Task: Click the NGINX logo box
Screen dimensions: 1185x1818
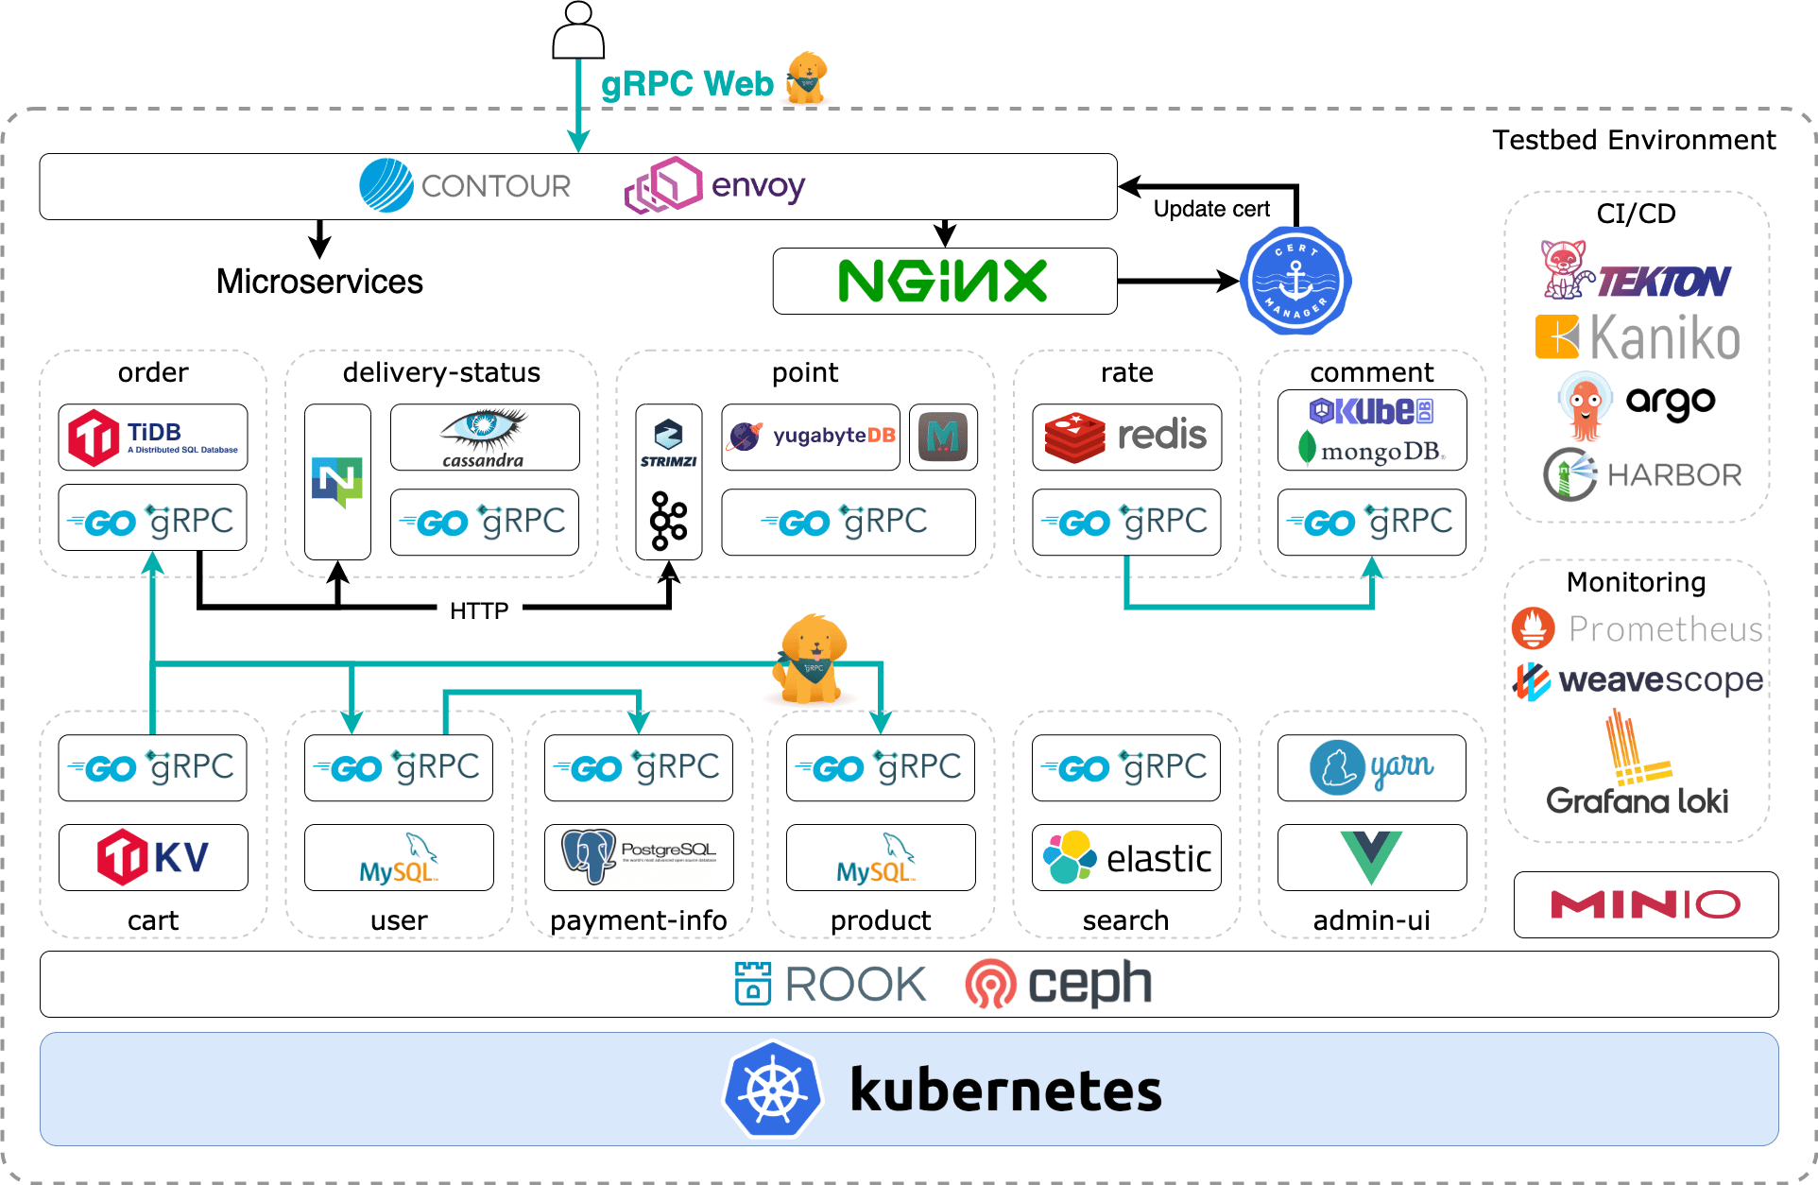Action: tap(944, 281)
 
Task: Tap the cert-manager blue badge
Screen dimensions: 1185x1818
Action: tap(1295, 281)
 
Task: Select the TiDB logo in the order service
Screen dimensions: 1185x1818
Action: tap(153, 438)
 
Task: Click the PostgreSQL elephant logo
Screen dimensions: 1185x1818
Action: tap(589, 855)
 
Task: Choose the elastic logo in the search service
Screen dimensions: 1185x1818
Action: tap(1126, 857)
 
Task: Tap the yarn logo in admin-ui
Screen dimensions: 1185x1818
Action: tap(1371, 767)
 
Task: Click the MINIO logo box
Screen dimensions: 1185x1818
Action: tap(1645, 904)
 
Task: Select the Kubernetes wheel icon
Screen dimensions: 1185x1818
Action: tap(772, 1090)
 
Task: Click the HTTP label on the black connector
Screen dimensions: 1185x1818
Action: tap(479, 610)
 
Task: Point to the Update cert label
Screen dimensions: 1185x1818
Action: tap(1211, 209)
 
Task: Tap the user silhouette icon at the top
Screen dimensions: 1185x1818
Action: tap(578, 30)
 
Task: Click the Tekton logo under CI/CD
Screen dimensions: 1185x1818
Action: tap(1637, 272)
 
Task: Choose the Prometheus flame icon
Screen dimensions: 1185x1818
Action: tap(1533, 628)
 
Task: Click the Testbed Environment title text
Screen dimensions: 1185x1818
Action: tap(1634, 140)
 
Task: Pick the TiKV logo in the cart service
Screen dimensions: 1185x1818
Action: tap(153, 857)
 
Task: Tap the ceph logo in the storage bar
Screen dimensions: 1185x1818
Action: tap(1058, 984)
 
